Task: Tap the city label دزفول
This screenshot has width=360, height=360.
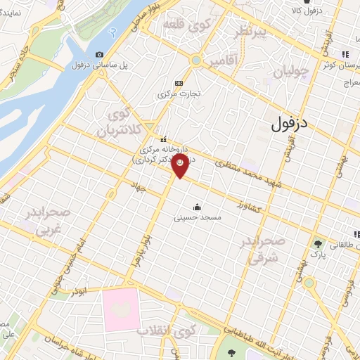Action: pos(289,124)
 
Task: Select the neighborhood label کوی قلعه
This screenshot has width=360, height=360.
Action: pos(188,25)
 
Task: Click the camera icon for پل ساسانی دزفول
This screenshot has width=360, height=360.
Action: pos(99,55)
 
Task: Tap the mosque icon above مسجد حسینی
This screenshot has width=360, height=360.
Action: pos(197,207)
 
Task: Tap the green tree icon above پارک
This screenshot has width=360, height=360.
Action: pos(320,243)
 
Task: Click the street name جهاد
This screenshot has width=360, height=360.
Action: pos(139,186)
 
